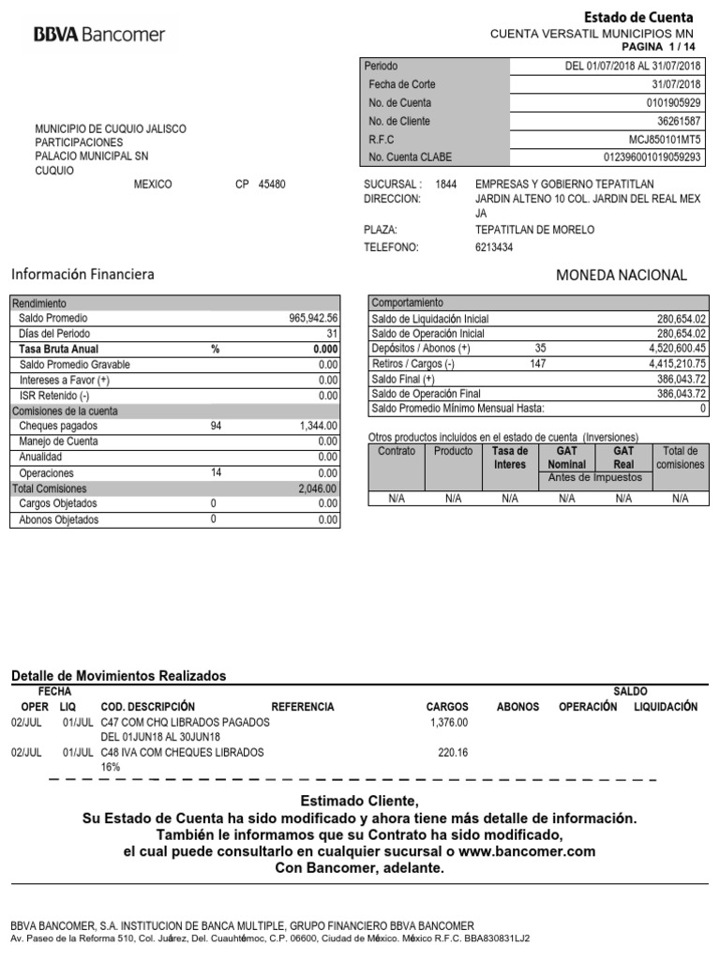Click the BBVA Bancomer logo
coord(99,35)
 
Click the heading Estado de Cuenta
coord(638,17)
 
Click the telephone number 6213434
coord(494,247)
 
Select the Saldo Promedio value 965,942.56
coord(313,319)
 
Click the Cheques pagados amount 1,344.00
coord(318,426)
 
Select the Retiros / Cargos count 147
coord(538,364)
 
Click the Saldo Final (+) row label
coord(403,379)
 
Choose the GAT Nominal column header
coord(566,457)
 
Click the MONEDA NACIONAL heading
coord(622,275)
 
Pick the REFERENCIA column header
coord(302,707)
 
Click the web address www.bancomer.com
coord(527,851)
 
